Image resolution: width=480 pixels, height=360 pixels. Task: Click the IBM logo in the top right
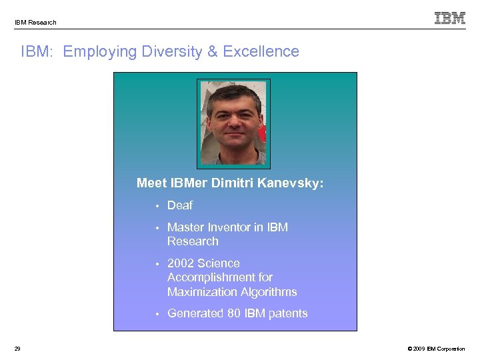coord(450,18)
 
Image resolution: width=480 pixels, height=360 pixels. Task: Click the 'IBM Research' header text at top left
coord(35,23)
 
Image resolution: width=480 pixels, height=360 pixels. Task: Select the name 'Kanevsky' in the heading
coord(291,183)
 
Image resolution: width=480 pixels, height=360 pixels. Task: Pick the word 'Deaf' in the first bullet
coord(179,205)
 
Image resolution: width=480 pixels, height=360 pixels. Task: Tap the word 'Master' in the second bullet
coord(186,227)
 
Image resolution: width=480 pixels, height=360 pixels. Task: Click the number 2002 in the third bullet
coord(181,263)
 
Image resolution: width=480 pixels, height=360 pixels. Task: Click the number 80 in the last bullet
coord(234,313)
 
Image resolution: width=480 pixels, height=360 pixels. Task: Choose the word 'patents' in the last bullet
coord(287,313)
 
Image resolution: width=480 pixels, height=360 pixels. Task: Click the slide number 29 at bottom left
coord(17,349)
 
